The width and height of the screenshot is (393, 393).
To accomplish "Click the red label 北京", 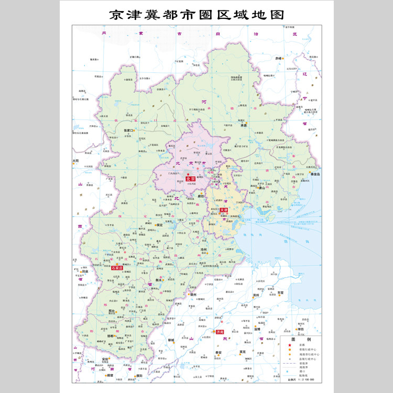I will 190,179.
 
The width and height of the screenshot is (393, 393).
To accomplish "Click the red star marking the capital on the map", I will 188,174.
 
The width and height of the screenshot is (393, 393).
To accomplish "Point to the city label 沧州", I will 204,250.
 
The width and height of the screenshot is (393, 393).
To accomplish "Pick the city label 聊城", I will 171,340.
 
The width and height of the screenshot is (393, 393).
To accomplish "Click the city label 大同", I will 76,160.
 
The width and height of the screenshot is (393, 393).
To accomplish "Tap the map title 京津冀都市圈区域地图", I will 196,15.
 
